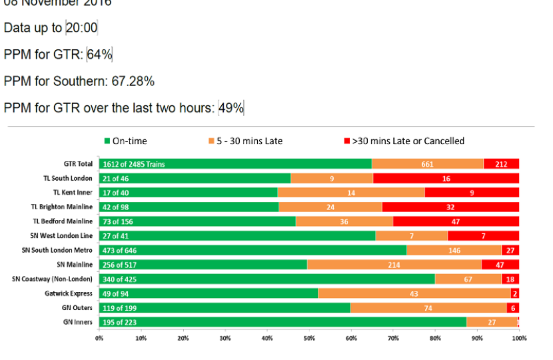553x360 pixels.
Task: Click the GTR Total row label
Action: click(73, 164)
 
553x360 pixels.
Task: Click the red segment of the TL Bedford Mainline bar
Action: click(456, 221)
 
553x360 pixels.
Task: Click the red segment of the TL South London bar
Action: click(446, 179)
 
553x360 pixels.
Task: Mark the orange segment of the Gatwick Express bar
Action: click(414, 293)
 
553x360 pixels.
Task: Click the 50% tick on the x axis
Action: click(309, 338)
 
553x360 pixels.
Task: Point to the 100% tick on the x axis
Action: click(518, 338)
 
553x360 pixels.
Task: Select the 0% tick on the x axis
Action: click(99, 338)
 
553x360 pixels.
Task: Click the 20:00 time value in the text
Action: click(82, 28)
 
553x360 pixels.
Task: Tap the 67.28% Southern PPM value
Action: click(132, 81)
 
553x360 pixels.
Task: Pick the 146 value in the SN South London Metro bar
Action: click(454, 250)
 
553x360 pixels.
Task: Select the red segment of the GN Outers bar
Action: click(512, 308)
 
